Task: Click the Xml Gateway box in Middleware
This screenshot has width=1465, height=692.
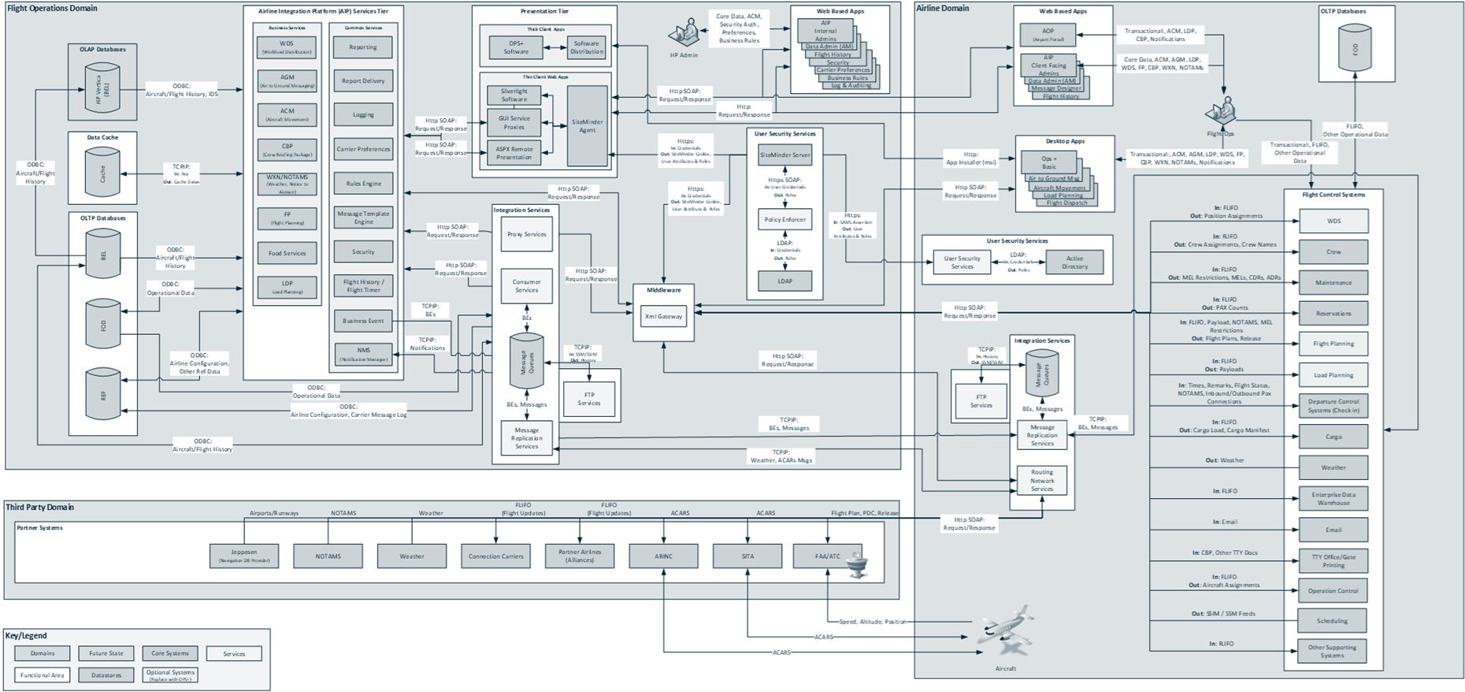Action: pos(664,317)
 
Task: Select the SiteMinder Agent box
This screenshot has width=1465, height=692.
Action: pos(588,126)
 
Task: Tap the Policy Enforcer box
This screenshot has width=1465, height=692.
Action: pos(784,220)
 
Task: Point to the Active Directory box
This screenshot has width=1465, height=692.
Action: pos(1074,262)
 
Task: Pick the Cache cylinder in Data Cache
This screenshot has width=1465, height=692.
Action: pos(102,173)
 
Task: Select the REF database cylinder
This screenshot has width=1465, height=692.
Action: pos(102,393)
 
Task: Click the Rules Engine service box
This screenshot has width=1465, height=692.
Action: pos(363,184)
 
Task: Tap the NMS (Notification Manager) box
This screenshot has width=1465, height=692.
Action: pos(363,354)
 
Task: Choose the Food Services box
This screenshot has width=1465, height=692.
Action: pos(287,253)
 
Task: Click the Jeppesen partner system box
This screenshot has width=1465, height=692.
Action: pos(244,556)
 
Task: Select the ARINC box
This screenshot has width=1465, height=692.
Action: pos(663,556)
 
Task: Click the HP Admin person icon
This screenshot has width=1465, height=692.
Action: pos(684,34)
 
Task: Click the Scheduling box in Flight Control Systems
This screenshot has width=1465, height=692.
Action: pos(1332,621)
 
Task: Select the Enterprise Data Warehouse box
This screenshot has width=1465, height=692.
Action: pos(1333,498)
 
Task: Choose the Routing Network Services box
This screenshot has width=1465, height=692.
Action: pos(1042,481)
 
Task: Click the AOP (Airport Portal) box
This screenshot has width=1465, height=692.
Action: pos(1048,35)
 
